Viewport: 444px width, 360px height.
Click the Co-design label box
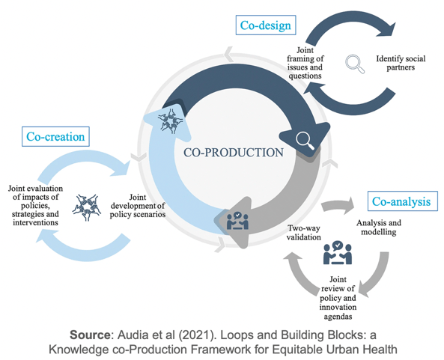[266, 25]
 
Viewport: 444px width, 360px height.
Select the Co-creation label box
[55, 136]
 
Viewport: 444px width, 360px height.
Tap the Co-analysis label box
[402, 201]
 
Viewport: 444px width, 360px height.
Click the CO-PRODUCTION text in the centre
[234, 153]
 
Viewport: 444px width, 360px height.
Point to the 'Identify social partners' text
[401, 63]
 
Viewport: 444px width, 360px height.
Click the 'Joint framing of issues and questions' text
[305, 63]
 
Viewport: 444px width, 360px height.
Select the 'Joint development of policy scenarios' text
[138, 206]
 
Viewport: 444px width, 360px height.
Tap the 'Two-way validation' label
[304, 232]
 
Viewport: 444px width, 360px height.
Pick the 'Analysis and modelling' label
[379, 228]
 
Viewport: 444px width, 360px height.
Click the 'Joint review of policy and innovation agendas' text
[338, 298]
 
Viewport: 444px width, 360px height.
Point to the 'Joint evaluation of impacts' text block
[35, 205]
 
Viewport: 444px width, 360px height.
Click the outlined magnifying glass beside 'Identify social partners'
[355, 64]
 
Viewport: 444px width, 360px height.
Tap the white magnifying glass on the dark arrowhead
[305, 141]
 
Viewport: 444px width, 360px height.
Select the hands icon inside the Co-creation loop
[87, 207]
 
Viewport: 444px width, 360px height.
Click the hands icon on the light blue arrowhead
[171, 121]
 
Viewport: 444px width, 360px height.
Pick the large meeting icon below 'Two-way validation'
[338, 253]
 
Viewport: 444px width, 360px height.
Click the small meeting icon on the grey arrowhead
[237, 221]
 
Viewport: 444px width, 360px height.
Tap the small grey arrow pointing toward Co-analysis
[338, 206]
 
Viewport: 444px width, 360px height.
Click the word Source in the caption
[90, 335]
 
